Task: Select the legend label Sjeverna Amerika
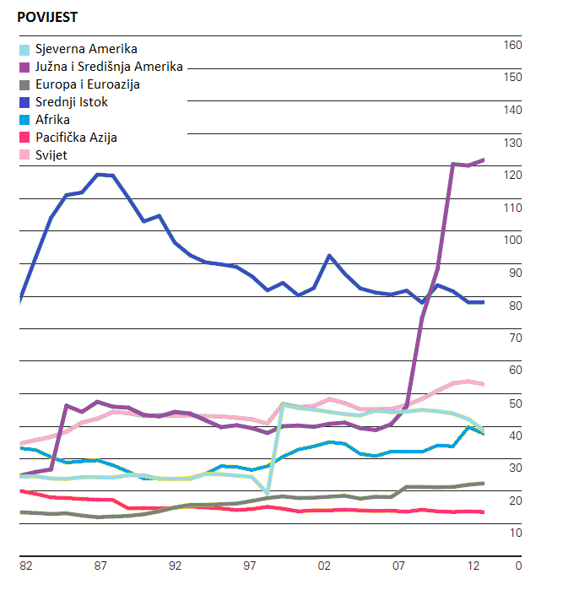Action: (x=86, y=49)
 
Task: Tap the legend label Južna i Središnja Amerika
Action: (x=109, y=67)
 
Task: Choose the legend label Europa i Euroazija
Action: (x=88, y=84)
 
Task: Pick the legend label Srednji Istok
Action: (x=72, y=102)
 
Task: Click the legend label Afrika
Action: (x=52, y=120)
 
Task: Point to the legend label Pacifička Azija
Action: (x=77, y=137)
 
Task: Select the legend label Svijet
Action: (x=51, y=154)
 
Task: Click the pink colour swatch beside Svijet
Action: (x=24, y=154)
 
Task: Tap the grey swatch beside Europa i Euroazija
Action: (x=24, y=84)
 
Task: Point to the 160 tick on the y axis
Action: (x=512, y=45)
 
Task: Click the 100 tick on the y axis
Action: (x=512, y=240)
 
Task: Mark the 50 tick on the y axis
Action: (x=512, y=403)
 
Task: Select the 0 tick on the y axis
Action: (x=517, y=566)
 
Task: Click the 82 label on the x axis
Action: (x=26, y=566)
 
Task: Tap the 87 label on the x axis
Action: (x=100, y=566)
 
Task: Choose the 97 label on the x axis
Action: (x=251, y=566)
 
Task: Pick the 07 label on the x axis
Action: (x=399, y=566)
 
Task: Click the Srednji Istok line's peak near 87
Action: (x=100, y=174)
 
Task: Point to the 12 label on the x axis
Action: (x=474, y=566)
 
